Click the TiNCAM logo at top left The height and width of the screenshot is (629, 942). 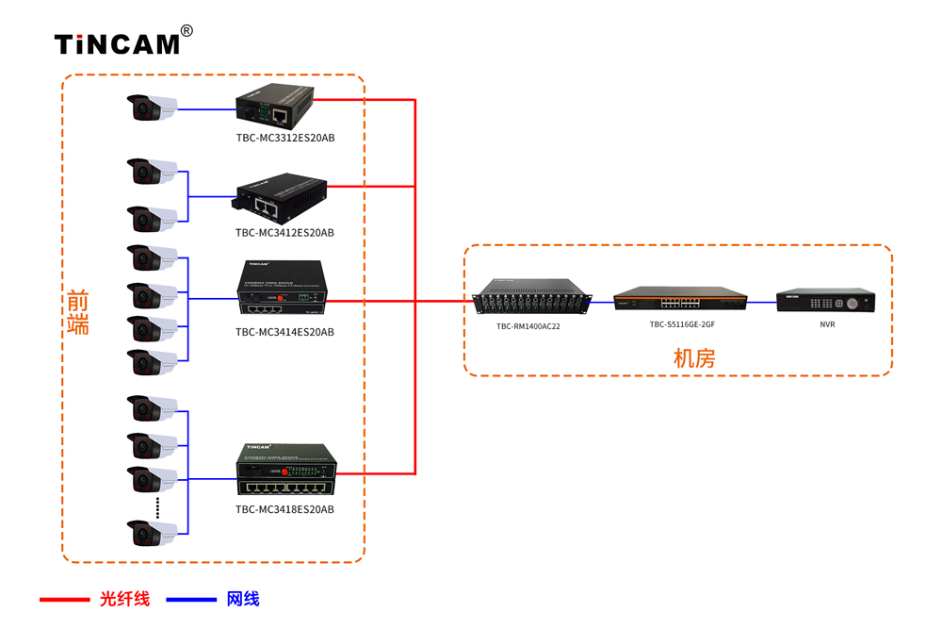(x=117, y=43)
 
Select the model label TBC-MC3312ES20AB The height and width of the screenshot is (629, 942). (x=284, y=138)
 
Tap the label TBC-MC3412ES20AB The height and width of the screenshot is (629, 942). (x=284, y=232)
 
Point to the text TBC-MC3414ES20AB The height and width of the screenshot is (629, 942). (x=284, y=332)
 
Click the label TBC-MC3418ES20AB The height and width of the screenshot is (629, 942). (x=284, y=509)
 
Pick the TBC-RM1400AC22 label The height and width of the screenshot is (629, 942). (x=528, y=326)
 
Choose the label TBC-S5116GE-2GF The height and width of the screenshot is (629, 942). (x=682, y=324)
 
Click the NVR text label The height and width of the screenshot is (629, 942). (x=827, y=324)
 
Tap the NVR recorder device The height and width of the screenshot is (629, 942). (x=825, y=302)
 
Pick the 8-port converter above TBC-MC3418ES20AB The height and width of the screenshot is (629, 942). (x=285, y=471)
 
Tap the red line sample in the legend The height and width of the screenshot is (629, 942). (x=64, y=599)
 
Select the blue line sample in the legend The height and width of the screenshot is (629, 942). (x=190, y=599)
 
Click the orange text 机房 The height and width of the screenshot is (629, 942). (x=694, y=358)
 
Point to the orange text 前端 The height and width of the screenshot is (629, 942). (x=77, y=311)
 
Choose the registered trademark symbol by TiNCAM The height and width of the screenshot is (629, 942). (x=187, y=31)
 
